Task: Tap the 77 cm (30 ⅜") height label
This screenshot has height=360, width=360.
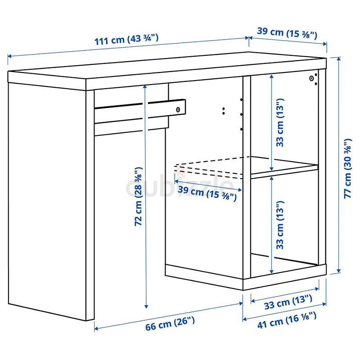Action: [x=347, y=168]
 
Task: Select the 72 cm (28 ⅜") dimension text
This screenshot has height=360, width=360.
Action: [x=139, y=197]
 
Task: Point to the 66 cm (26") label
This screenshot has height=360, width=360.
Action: [x=170, y=324]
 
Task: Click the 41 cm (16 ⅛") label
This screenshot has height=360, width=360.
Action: [x=287, y=320]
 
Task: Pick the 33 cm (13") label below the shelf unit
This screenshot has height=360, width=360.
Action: [x=288, y=302]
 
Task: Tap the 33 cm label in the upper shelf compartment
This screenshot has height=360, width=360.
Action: [x=280, y=122]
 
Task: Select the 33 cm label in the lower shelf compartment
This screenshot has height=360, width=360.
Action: [x=280, y=225]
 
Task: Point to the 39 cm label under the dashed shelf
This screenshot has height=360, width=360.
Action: [x=207, y=193]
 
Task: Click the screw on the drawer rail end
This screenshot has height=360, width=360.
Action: [x=178, y=109]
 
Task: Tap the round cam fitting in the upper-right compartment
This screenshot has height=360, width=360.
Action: [x=311, y=78]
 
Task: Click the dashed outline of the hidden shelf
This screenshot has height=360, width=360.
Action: [x=209, y=167]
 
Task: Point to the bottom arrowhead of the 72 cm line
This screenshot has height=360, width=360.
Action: [x=146, y=306]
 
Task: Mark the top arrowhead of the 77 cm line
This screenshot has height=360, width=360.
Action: [x=339, y=59]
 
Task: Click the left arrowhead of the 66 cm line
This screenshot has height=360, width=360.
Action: [x=96, y=329]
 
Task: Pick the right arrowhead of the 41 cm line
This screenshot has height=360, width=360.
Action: [x=324, y=304]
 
